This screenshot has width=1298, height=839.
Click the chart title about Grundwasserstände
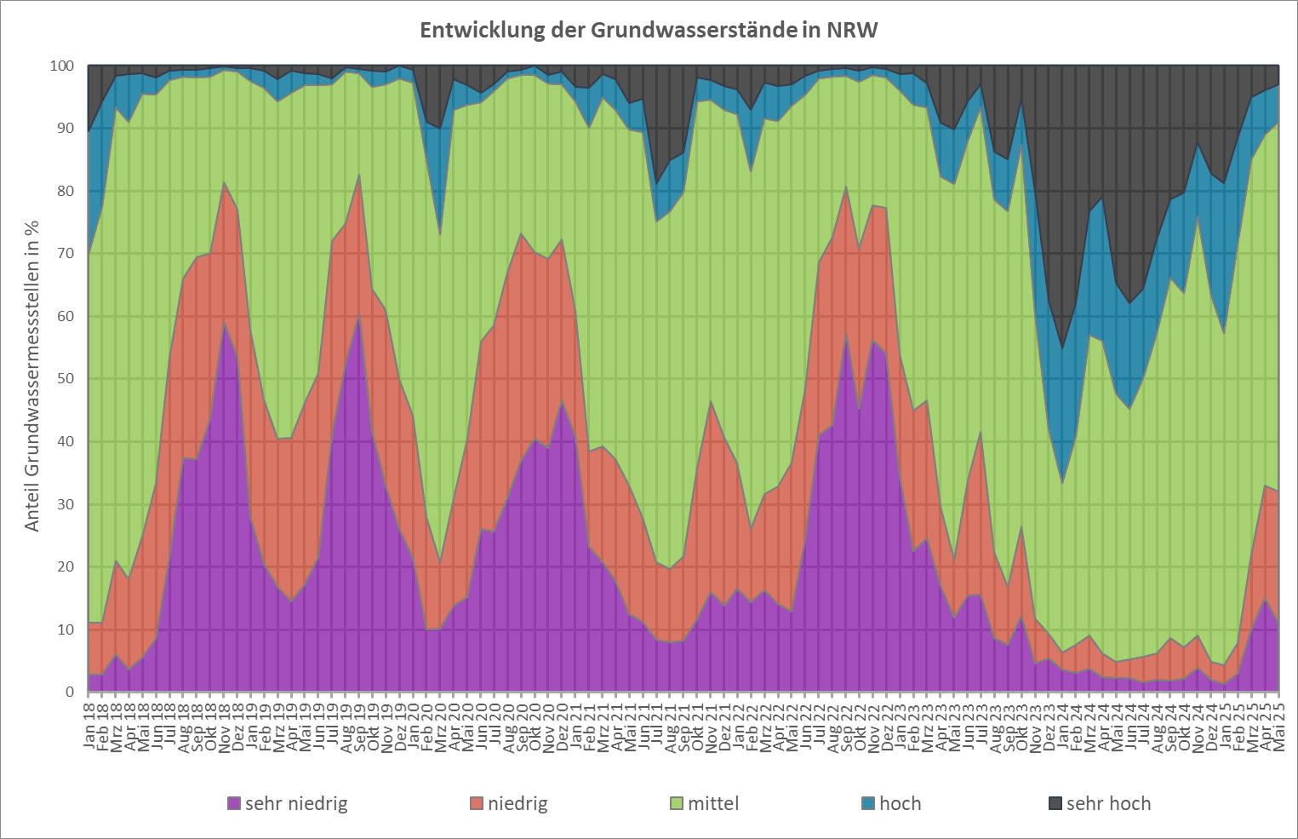[649, 31]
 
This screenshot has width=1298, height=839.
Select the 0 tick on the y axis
[71, 692]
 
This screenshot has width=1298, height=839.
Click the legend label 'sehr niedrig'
[296, 803]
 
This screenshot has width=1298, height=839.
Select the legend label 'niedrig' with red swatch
[517, 803]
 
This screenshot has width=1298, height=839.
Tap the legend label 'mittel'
[713, 803]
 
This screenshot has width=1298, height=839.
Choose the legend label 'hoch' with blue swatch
[900, 803]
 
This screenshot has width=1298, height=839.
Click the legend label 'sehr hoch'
[1108, 803]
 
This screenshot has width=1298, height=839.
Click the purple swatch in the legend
[234, 803]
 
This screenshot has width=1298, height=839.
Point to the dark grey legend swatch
[1055, 803]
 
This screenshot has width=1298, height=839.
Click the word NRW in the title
[852, 31]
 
